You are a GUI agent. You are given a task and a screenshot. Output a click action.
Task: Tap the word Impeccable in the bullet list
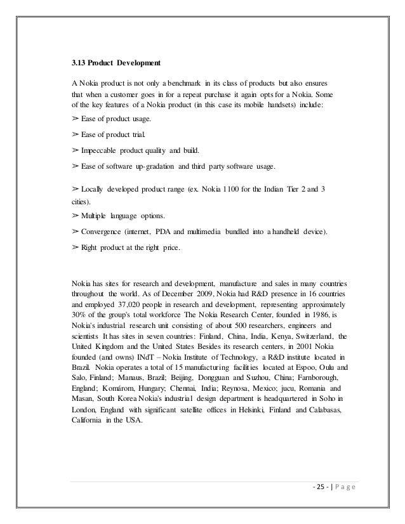tap(100, 151)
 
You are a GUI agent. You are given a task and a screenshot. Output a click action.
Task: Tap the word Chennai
tap(188, 388)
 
